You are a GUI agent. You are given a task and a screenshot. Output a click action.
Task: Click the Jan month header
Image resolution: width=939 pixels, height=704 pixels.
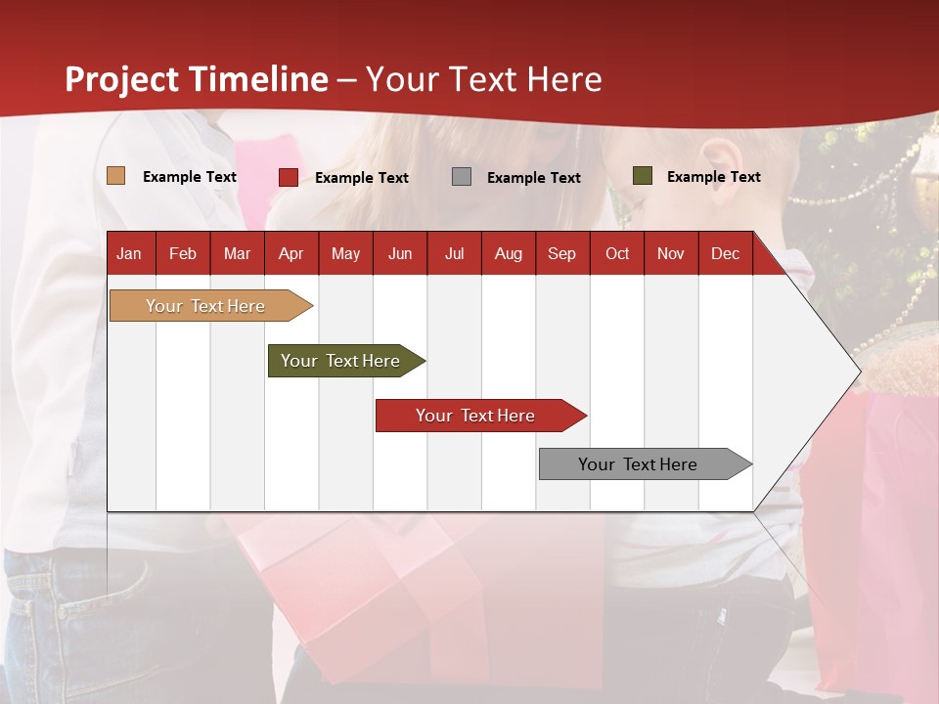pyautogui.click(x=129, y=254)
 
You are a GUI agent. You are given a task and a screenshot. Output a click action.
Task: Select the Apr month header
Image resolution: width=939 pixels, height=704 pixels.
pyautogui.click(x=291, y=254)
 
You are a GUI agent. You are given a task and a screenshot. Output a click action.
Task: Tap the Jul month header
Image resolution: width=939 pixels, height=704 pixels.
pyautogui.click(x=454, y=254)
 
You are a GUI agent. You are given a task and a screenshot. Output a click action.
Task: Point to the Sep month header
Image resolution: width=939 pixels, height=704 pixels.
pyautogui.click(x=561, y=254)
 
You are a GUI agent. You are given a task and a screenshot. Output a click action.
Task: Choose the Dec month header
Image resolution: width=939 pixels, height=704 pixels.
pyautogui.click(x=725, y=254)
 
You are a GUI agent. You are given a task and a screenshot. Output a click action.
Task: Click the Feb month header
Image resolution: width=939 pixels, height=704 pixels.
pyautogui.click(x=183, y=254)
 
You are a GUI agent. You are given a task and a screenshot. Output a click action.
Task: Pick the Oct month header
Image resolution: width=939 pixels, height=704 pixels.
pyautogui.click(x=617, y=254)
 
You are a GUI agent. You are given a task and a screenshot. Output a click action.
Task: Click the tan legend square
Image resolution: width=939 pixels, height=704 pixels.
pyautogui.click(x=115, y=176)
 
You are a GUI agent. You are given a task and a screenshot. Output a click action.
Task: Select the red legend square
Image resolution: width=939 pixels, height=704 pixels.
pyautogui.click(x=288, y=177)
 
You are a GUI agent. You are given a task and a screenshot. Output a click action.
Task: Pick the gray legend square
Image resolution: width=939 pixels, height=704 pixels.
pyautogui.click(x=462, y=177)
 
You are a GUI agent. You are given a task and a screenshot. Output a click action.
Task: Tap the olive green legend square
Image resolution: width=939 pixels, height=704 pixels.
pyautogui.click(x=642, y=176)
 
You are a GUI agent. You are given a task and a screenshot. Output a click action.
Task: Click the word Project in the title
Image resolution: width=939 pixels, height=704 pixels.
pyautogui.click(x=122, y=79)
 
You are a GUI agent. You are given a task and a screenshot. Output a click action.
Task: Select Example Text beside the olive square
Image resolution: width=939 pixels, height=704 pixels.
pyautogui.click(x=713, y=177)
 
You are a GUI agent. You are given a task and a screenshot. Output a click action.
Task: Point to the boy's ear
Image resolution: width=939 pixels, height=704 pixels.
pyautogui.click(x=721, y=156)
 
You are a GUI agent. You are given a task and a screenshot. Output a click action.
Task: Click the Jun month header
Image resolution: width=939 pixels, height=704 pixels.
pyautogui.click(x=399, y=254)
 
